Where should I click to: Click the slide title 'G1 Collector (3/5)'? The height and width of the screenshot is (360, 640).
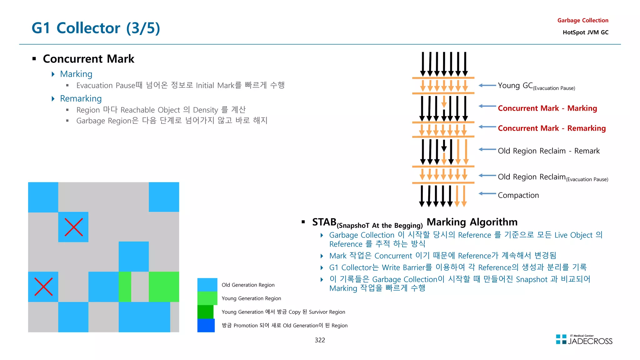(x=96, y=28)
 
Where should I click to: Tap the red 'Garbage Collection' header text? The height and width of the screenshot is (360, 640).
(x=582, y=20)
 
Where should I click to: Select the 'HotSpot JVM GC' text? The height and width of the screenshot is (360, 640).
(x=585, y=32)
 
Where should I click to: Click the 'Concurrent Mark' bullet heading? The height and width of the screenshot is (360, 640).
(x=88, y=59)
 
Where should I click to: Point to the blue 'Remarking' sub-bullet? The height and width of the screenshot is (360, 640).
(x=81, y=98)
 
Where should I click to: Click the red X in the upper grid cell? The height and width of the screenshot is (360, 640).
(x=73, y=227)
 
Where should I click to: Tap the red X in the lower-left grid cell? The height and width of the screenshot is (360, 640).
(x=43, y=287)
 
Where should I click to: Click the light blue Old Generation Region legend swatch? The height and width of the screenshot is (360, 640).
(x=207, y=285)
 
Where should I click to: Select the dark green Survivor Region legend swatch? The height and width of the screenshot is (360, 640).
(x=205, y=312)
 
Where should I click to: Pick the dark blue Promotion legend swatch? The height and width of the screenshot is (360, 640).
(x=206, y=325)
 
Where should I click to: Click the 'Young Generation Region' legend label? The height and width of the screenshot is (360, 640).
(x=251, y=298)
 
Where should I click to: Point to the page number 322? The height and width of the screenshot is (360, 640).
(x=320, y=340)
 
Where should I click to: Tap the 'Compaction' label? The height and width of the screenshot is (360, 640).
(x=518, y=195)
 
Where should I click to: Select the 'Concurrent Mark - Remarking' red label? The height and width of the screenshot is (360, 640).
(x=552, y=128)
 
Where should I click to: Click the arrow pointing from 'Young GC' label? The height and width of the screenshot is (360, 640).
(x=487, y=85)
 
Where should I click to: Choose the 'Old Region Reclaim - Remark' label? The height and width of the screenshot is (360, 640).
(x=548, y=151)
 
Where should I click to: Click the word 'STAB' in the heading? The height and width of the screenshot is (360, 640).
(x=324, y=222)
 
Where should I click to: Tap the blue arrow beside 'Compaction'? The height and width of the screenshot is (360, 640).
(x=487, y=194)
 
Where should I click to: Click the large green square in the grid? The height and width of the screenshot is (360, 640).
(x=164, y=287)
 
